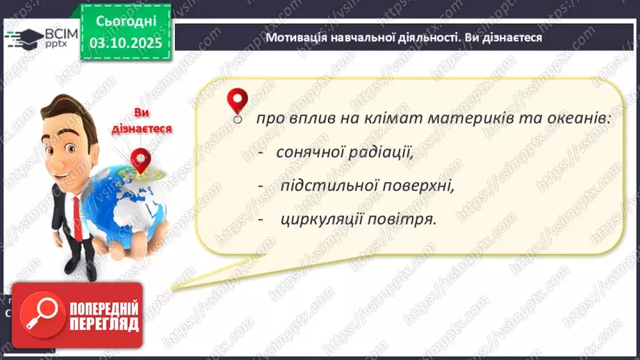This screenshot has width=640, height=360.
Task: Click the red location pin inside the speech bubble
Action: pyautogui.click(x=238, y=102)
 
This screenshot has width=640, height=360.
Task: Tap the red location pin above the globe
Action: pyautogui.click(x=141, y=161)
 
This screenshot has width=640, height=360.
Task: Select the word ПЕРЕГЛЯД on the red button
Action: pyautogui.click(x=104, y=324)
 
